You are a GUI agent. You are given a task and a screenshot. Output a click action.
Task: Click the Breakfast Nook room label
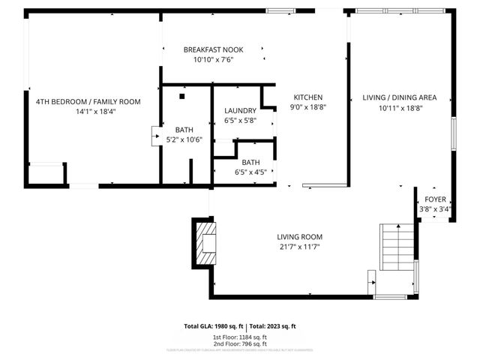(x=214, y=49)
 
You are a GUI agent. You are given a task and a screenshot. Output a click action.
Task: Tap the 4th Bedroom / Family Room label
(x=88, y=101)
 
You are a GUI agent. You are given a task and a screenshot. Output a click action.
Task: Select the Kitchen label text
(x=307, y=97)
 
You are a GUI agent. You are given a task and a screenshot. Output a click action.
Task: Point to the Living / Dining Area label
(x=399, y=97)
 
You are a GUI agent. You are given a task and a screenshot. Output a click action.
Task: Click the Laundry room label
(x=240, y=110)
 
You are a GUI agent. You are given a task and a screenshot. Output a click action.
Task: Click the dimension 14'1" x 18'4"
(x=88, y=111)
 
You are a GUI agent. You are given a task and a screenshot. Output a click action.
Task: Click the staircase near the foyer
(x=397, y=247)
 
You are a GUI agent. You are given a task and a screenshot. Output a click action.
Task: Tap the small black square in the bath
(x=182, y=95)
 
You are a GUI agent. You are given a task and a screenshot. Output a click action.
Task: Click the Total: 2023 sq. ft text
(x=273, y=326)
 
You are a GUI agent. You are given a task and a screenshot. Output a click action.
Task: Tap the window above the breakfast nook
(x=280, y=10)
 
